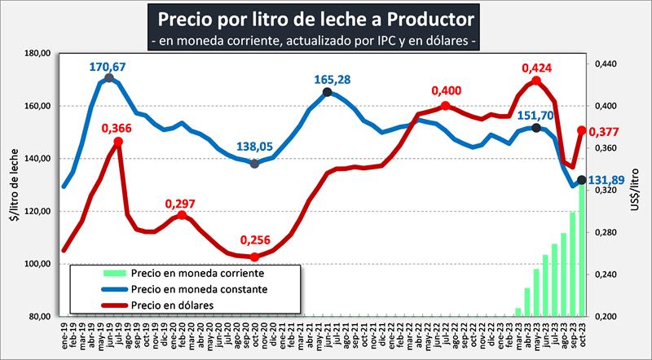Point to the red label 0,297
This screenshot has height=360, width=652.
click(181, 203)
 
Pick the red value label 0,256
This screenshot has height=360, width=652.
click(255, 241)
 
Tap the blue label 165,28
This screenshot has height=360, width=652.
click(333, 79)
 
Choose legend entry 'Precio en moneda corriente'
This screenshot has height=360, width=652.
click(185, 274)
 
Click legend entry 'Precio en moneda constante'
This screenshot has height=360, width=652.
click(186, 289)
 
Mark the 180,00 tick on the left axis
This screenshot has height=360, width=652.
click(38, 54)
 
